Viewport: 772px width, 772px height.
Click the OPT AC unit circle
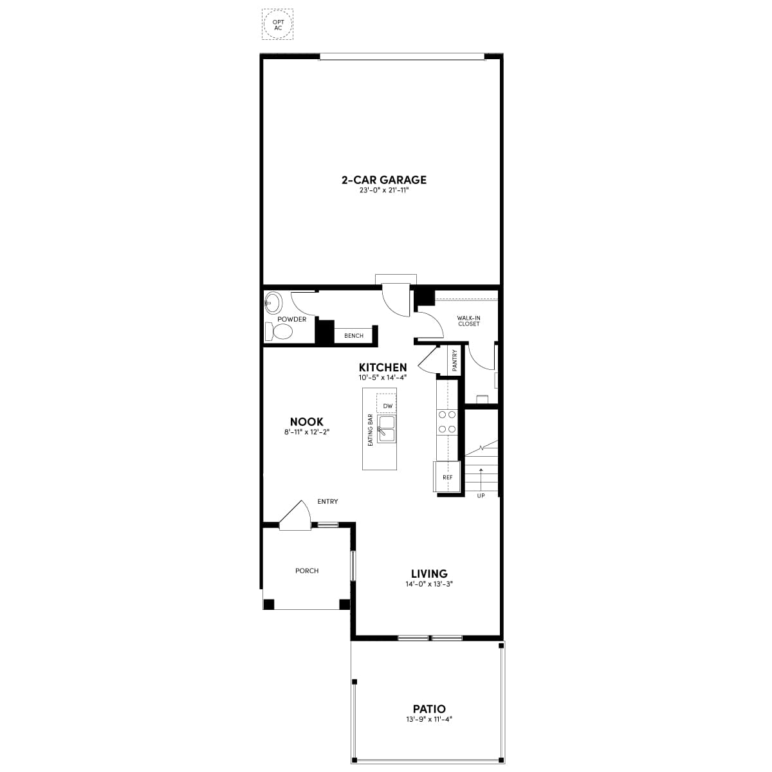pyautogui.click(x=264, y=24)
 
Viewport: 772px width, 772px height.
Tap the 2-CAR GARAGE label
pyautogui.click(x=384, y=180)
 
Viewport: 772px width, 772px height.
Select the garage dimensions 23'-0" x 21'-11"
pyautogui.click(x=384, y=190)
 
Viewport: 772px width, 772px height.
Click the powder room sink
pyautogui.click(x=273, y=303)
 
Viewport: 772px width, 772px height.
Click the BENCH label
pyautogui.click(x=354, y=336)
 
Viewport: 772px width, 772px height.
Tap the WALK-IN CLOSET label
pyautogui.click(x=468, y=321)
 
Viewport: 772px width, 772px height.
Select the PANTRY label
pyautogui.click(x=454, y=360)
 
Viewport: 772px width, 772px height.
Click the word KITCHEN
pyautogui.click(x=383, y=367)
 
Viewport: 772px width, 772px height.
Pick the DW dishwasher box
pyautogui.click(x=386, y=402)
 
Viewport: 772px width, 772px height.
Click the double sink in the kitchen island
pyautogui.click(x=386, y=428)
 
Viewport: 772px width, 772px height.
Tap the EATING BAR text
pyautogui.click(x=370, y=430)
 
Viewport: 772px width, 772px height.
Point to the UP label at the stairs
pyautogui.click(x=481, y=496)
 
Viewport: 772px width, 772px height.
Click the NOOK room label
pyautogui.click(x=306, y=421)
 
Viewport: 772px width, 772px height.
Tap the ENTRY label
pyautogui.click(x=327, y=502)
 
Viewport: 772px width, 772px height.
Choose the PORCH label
pyautogui.click(x=307, y=571)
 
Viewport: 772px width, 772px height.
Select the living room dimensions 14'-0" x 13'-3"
pyautogui.click(x=429, y=584)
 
